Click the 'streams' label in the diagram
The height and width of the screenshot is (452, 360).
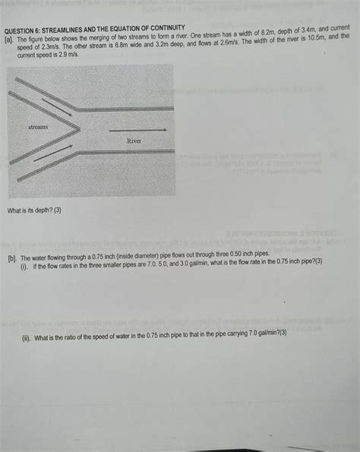(x=38, y=127)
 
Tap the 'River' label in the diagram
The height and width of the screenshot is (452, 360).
(x=134, y=141)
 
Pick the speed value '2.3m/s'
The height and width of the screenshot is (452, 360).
(x=48, y=45)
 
